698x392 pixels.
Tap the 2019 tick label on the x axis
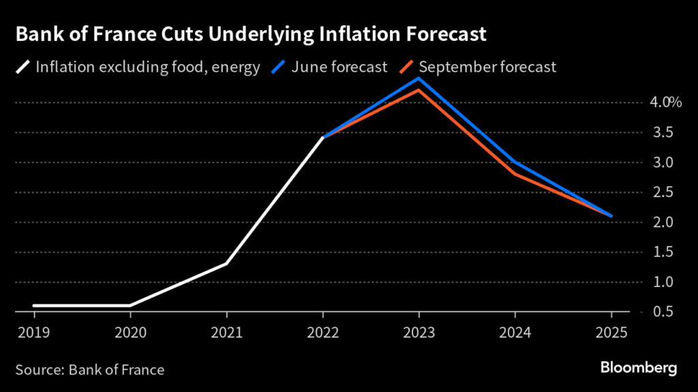coord(33,333)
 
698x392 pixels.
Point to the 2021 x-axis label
coord(226,333)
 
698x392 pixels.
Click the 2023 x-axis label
coord(419,333)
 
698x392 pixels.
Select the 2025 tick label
coord(611,333)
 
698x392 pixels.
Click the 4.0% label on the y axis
coord(665,103)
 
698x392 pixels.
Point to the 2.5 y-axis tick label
coord(661,193)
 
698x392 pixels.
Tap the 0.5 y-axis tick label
coord(661,312)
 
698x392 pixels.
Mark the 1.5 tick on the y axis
coord(661,252)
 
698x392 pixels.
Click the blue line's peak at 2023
coord(419,78)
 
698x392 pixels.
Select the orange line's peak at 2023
coord(419,90)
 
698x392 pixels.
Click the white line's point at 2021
coord(226,264)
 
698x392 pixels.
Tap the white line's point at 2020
coord(130,305)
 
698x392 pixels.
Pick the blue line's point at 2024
coord(515,162)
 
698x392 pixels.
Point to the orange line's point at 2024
coord(515,174)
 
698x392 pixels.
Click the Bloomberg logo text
coord(639,368)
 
